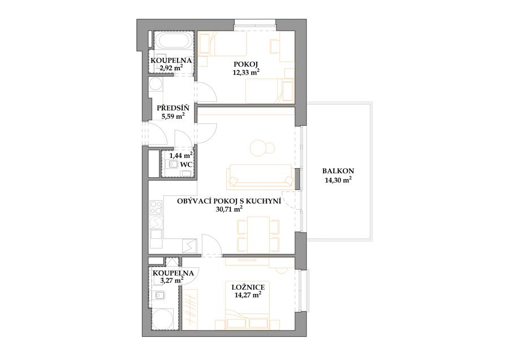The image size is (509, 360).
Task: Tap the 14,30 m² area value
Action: (x=338, y=181)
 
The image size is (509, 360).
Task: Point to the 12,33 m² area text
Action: (x=246, y=72)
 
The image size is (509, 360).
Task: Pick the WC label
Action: (x=186, y=164)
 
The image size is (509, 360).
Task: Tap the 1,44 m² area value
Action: (x=180, y=156)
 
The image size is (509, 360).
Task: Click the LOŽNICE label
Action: (x=248, y=287)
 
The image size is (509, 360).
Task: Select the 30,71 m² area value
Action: (x=229, y=209)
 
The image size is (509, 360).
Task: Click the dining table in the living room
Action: (x=258, y=234)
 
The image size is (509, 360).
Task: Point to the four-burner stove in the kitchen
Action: (x=156, y=208)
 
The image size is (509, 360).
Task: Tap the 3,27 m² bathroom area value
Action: (x=170, y=280)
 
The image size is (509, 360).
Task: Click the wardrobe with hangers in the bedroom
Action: (x=189, y=308)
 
